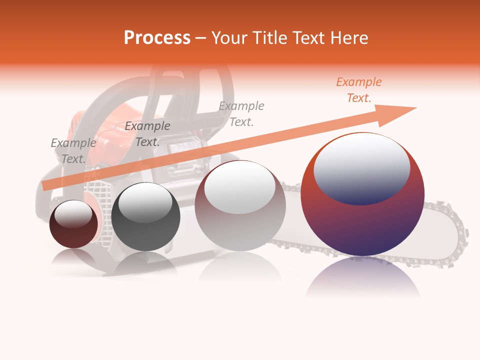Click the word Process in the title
point(157,38)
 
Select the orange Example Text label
point(358,90)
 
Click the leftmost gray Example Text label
point(73,151)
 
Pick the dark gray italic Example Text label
point(147,134)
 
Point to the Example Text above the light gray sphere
point(241,114)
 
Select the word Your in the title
point(230,38)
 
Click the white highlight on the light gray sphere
point(239,187)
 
